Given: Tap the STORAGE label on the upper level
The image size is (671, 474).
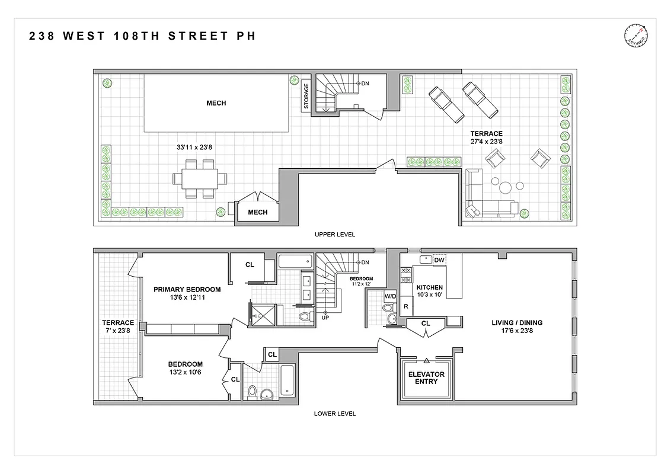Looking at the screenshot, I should pyautogui.click(x=306, y=95).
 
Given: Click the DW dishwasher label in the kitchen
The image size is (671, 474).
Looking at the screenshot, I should pyautogui.click(x=439, y=260).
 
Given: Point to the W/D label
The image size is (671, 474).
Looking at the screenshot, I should pyautogui.click(x=390, y=295).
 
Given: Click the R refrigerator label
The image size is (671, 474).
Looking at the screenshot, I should pyautogui.click(x=405, y=306).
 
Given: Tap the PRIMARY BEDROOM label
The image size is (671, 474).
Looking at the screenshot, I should pyautogui.click(x=187, y=289).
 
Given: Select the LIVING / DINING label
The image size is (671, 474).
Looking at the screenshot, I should pyautogui.click(x=517, y=323).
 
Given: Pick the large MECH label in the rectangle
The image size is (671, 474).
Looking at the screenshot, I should pyautogui.click(x=216, y=103).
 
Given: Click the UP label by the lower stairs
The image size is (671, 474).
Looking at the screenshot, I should pyautogui.click(x=325, y=318).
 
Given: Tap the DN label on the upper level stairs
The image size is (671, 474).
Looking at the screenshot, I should pyautogui.click(x=365, y=84).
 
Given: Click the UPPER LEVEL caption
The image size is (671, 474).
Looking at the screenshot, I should pyautogui.click(x=335, y=235).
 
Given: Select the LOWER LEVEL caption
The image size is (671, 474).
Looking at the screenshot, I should pyautogui.click(x=335, y=414).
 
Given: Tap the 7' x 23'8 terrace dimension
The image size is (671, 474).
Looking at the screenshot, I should pyautogui.click(x=118, y=331).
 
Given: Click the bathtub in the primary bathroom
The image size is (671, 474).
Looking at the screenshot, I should pyautogui.click(x=295, y=261).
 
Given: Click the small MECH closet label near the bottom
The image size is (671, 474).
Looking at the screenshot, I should pyautogui.click(x=257, y=212).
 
